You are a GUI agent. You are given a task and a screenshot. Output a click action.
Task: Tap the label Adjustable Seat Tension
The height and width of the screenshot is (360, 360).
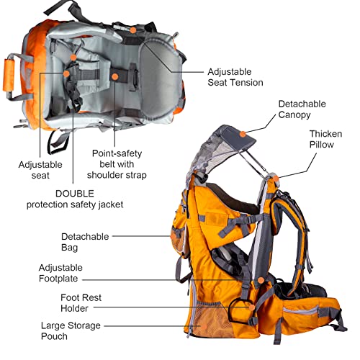[x=235, y=77]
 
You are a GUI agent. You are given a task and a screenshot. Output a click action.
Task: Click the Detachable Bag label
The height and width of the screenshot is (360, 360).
[x=80, y=241]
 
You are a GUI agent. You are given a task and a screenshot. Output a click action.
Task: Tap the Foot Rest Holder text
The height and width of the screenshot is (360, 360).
[x=80, y=302]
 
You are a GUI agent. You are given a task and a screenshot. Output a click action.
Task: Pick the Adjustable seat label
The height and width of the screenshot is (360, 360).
[x=40, y=170]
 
